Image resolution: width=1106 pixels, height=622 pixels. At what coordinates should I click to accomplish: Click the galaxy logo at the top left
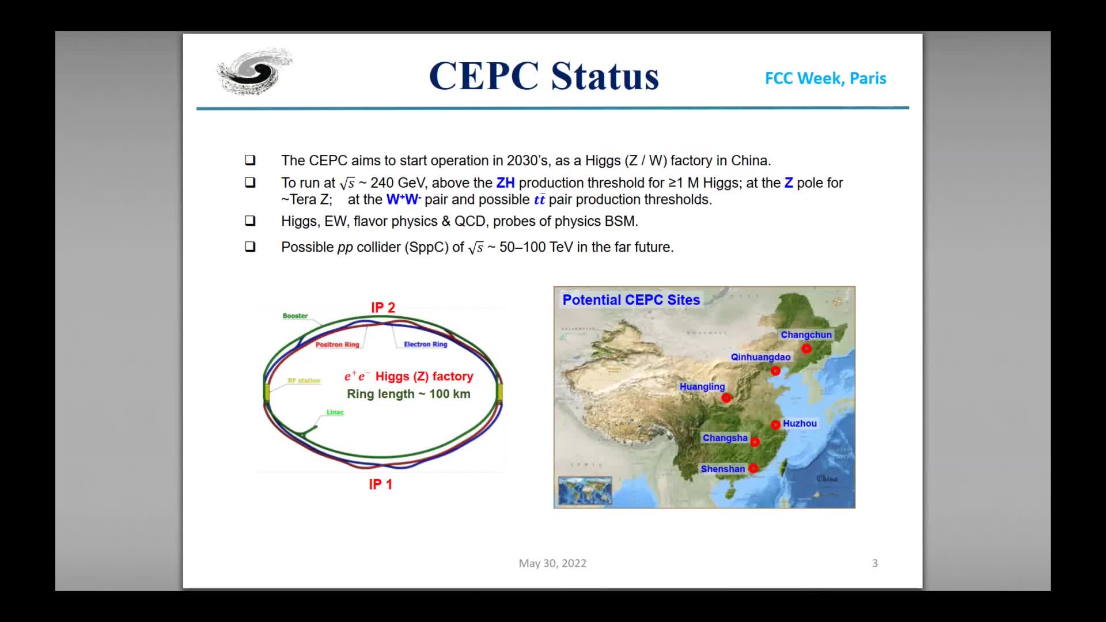point(254,71)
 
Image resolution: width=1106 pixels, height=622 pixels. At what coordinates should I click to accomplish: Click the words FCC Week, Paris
point(825,78)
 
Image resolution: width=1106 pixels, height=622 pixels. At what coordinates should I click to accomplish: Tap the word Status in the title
point(604,76)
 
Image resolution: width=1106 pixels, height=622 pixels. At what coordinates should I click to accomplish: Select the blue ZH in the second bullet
point(505,183)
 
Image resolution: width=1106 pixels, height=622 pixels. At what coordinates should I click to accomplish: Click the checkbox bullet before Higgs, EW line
point(250,221)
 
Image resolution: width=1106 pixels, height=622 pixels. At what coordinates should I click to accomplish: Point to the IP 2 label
point(383,308)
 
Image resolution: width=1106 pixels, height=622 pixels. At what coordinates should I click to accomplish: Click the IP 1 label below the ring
point(380,484)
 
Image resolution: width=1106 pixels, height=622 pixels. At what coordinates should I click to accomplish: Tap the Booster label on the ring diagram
point(295,316)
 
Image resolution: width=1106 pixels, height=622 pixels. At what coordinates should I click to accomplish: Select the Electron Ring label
point(425,344)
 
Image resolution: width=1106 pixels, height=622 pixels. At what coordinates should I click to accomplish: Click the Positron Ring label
point(337,344)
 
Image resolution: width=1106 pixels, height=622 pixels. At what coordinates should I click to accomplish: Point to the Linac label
point(335,412)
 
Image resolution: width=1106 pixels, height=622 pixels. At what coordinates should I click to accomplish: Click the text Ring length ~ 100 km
point(408,394)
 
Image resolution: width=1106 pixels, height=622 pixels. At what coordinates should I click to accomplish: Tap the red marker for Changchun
point(806,348)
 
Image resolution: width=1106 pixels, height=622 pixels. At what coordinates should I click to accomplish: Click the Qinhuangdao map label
point(760,357)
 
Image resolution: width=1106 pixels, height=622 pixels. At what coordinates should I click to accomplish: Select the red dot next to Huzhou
point(775,424)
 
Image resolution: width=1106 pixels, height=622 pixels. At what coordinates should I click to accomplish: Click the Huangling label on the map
point(702,386)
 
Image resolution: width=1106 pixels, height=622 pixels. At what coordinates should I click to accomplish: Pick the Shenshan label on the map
point(722,469)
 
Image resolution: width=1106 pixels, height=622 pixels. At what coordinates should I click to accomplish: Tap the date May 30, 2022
point(552,563)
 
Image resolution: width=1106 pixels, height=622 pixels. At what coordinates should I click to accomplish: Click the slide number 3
point(874,563)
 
